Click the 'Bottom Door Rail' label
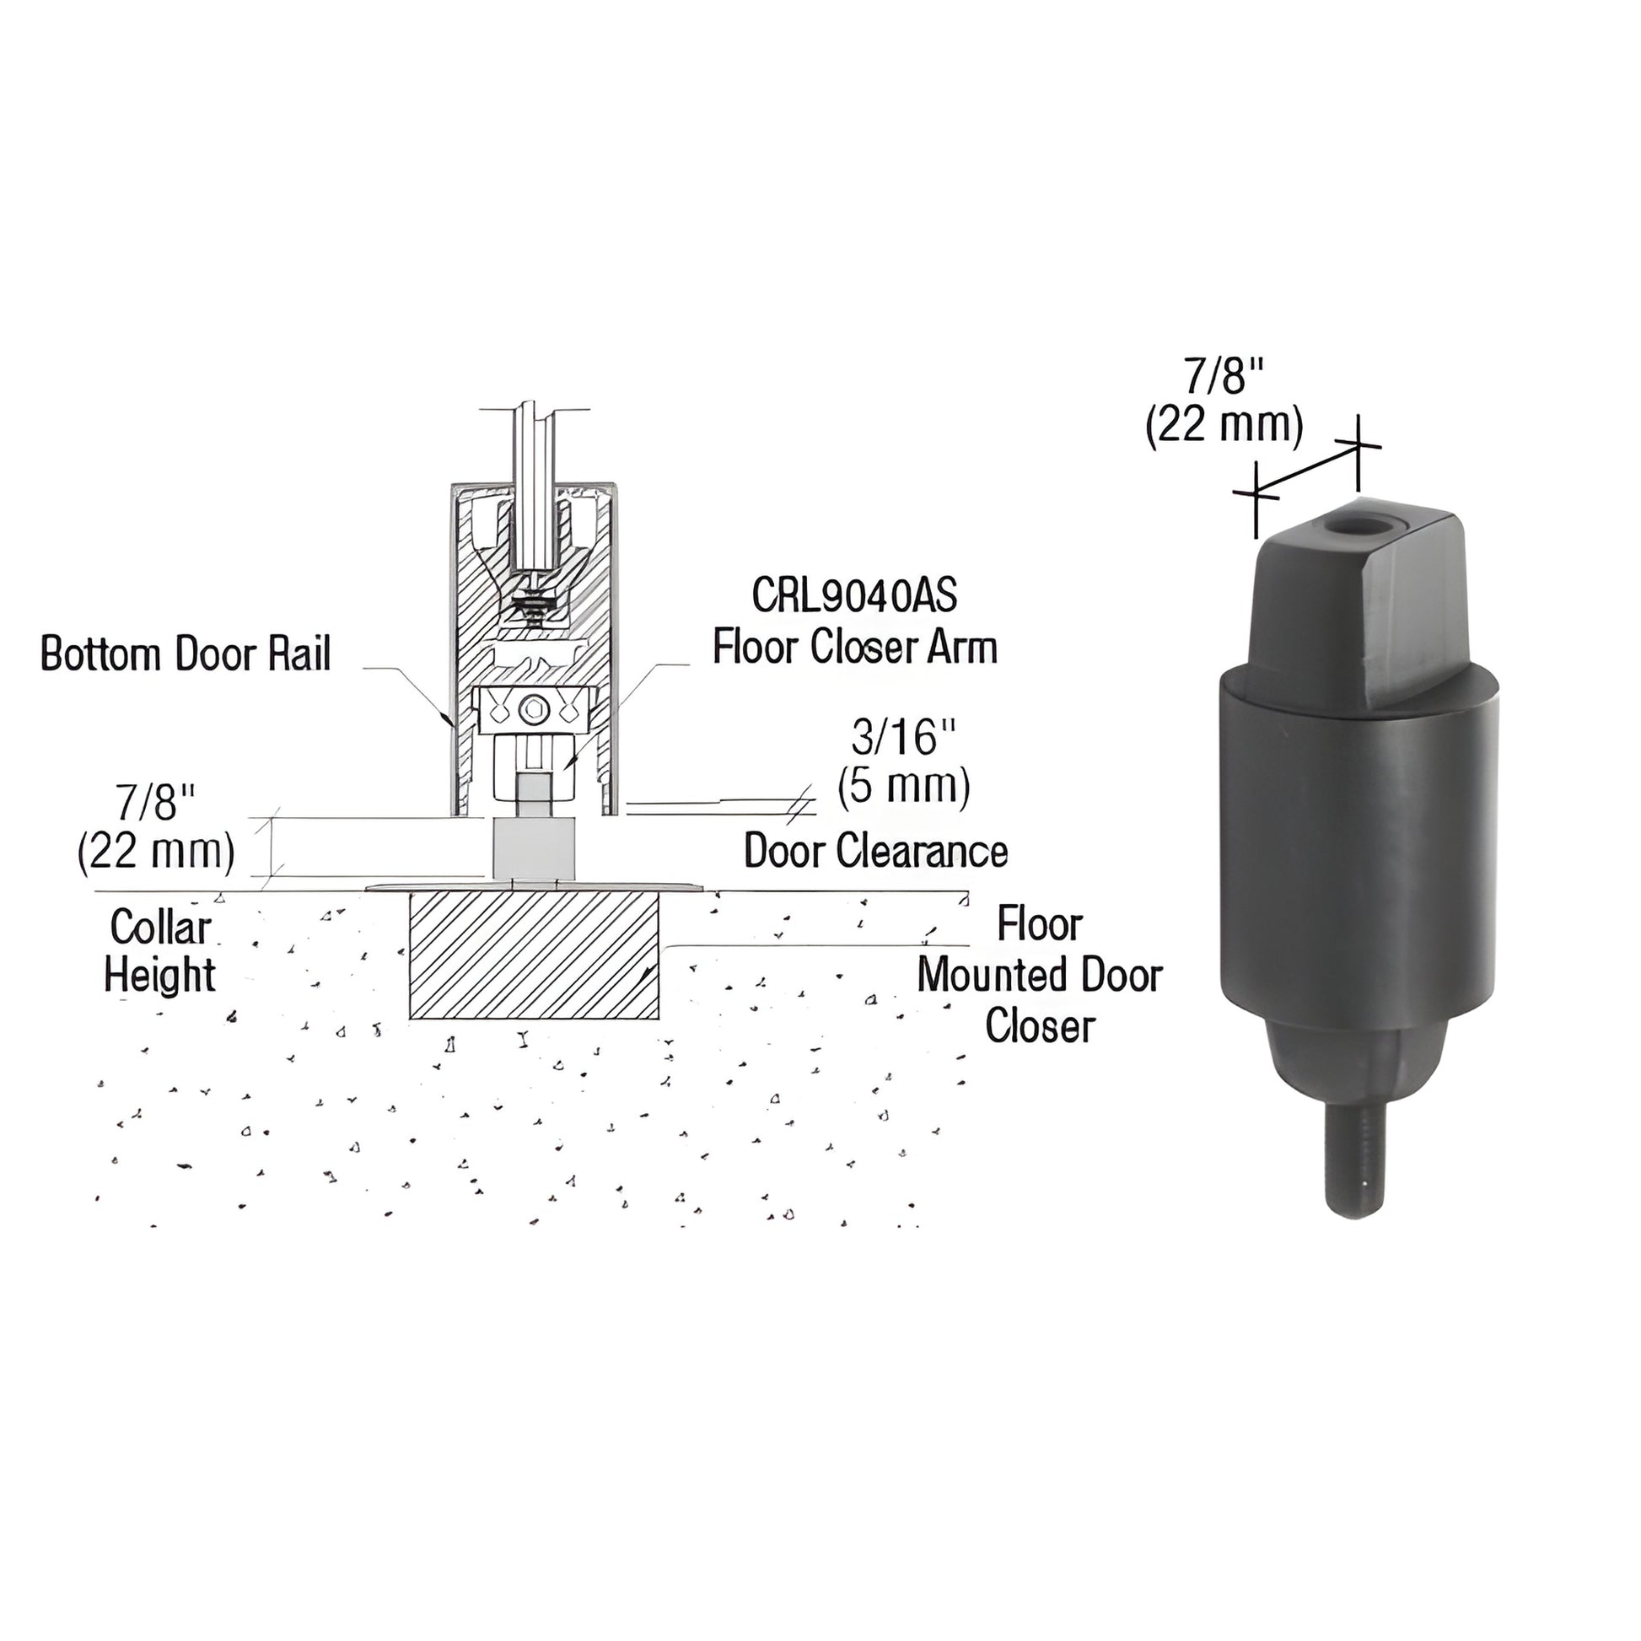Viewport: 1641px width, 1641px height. [x=186, y=655]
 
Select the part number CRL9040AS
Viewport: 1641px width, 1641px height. [x=853, y=596]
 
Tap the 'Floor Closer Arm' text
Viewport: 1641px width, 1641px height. [x=853, y=648]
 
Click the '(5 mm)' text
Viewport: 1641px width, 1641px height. [x=904, y=787]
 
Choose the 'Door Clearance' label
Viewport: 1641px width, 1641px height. [x=874, y=850]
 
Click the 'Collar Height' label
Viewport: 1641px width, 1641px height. [x=159, y=950]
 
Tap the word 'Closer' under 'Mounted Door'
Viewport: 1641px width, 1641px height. [x=1039, y=1025]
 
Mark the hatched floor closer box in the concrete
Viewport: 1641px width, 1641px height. [x=534, y=955]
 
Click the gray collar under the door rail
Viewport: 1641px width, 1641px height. [x=535, y=847]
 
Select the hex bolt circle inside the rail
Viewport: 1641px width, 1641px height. [x=535, y=708]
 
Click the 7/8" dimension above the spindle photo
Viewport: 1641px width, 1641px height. [x=1224, y=375]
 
